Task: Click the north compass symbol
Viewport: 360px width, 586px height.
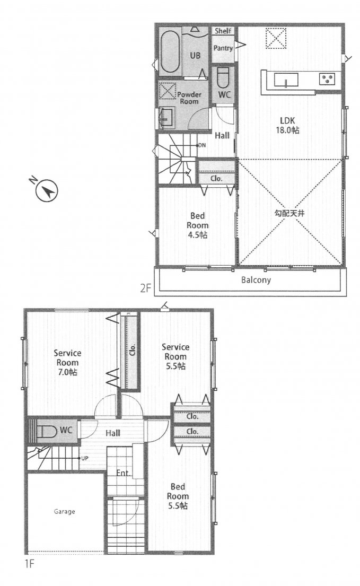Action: click(46, 190)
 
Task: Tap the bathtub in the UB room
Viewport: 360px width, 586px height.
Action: click(170, 51)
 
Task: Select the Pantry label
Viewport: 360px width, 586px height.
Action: click(223, 48)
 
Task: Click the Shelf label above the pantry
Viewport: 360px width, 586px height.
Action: click(223, 31)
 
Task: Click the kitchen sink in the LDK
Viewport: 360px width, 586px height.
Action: click(286, 80)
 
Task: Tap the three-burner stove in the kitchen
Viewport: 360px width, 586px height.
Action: click(327, 79)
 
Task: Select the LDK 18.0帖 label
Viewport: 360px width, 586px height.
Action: click(287, 125)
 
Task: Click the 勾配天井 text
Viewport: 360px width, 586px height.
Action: click(289, 213)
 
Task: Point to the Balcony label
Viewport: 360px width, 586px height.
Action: click(256, 280)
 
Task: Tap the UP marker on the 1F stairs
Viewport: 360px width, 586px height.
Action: click(84, 458)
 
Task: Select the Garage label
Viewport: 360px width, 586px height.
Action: click(64, 511)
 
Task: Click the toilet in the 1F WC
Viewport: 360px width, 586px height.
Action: click(46, 431)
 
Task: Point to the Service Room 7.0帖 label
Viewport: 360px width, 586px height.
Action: click(67, 363)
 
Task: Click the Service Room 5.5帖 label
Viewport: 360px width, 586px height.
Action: click(175, 356)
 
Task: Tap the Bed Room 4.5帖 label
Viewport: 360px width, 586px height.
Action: click(198, 225)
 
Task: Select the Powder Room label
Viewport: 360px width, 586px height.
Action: click(189, 98)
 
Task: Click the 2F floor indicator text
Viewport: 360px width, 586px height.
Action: click(145, 288)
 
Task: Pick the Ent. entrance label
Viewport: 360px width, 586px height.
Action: click(123, 473)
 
